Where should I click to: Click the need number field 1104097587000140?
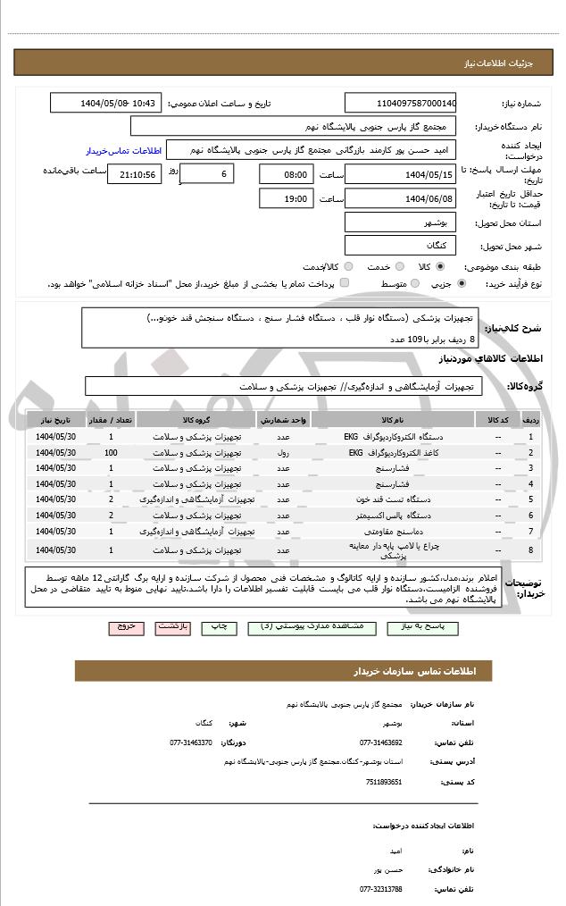click(x=400, y=104)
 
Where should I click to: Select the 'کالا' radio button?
click(x=440, y=266)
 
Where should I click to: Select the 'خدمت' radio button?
click(x=399, y=266)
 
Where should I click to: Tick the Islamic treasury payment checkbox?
click(x=345, y=283)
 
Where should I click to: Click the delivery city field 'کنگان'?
click(x=400, y=244)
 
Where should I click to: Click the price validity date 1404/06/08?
click(x=400, y=198)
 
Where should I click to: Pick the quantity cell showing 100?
click(x=111, y=452)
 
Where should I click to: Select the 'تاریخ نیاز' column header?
click(x=56, y=419)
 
